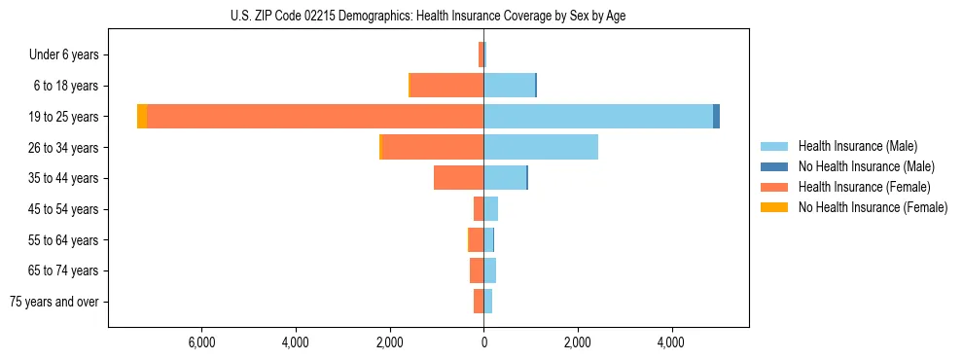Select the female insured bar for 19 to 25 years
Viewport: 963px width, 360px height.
tap(315, 117)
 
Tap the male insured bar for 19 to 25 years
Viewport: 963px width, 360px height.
tap(598, 117)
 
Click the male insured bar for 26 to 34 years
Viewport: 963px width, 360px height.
tap(541, 147)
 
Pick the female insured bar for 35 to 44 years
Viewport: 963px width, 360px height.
tap(458, 178)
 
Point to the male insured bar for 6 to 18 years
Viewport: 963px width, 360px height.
tap(509, 86)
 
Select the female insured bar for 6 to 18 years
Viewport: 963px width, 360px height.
tap(447, 86)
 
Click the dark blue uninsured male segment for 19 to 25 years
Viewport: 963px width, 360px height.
tap(716, 117)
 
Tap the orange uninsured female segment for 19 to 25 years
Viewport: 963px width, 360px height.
tap(142, 117)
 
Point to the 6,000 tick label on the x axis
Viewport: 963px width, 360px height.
tap(201, 343)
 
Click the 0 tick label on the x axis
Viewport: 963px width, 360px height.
tap(483, 343)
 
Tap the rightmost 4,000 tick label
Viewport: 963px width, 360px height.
tap(671, 343)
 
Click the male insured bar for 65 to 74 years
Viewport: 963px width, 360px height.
tap(489, 270)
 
